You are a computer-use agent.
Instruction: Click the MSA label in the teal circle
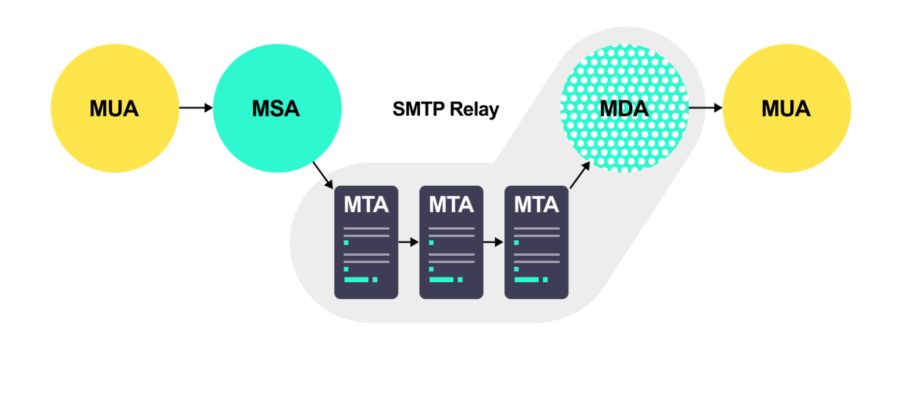click(275, 109)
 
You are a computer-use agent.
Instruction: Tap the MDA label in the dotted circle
click(624, 109)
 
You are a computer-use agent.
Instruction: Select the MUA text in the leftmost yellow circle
click(114, 109)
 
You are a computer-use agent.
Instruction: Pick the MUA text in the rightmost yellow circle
click(786, 109)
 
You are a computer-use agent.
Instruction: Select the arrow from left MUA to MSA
click(196, 108)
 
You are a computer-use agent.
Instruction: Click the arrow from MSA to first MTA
click(323, 175)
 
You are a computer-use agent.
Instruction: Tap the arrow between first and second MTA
click(408, 242)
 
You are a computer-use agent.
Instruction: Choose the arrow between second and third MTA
click(493, 242)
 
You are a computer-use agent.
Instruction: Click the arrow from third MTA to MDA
click(580, 175)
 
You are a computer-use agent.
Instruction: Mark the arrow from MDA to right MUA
click(705, 108)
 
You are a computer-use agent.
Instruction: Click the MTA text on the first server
click(366, 205)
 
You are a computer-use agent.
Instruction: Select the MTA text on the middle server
click(451, 205)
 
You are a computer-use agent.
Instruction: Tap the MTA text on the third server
click(536, 205)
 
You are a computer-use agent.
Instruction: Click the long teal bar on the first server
click(356, 280)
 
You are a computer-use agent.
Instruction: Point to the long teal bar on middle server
click(441, 280)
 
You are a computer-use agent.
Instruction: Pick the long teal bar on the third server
click(526, 280)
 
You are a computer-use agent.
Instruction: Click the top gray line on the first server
click(366, 228)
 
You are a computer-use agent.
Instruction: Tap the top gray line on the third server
click(536, 228)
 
